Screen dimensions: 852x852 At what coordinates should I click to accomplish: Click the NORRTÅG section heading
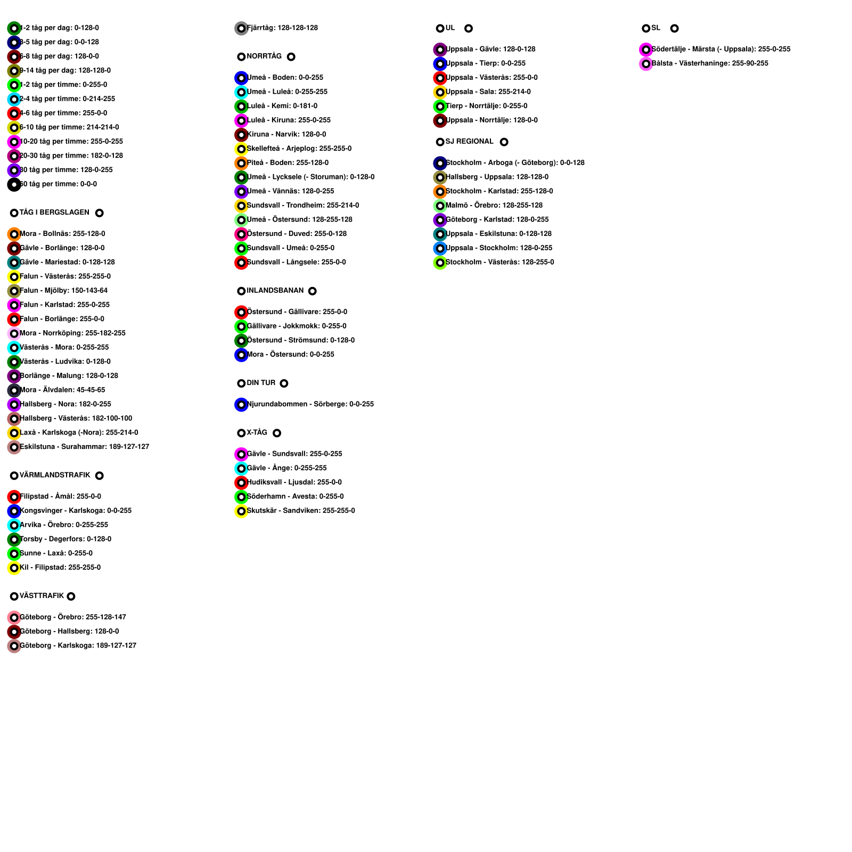(x=264, y=56)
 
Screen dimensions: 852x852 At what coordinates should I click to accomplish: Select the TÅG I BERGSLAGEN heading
(x=54, y=212)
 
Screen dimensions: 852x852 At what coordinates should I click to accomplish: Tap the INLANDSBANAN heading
(x=275, y=291)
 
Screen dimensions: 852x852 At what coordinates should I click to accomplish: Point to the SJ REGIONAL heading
(x=469, y=142)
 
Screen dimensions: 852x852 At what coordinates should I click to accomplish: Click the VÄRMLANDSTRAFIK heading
(x=55, y=475)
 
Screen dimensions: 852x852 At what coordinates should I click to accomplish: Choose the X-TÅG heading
(x=257, y=432)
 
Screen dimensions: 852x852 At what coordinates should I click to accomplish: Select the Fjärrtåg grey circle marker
(x=241, y=28)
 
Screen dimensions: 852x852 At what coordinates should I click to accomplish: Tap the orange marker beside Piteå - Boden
(x=241, y=163)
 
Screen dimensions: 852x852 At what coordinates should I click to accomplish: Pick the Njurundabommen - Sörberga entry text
(x=310, y=404)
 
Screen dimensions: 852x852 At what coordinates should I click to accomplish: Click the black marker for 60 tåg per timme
(x=14, y=184)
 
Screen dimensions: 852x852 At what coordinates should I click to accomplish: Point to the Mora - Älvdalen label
(x=62, y=390)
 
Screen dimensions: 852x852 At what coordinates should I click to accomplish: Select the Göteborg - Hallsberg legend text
(x=69, y=631)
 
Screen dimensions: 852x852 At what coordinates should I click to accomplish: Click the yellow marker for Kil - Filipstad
(x=14, y=568)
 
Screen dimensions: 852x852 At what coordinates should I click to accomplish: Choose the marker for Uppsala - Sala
(x=440, y=92)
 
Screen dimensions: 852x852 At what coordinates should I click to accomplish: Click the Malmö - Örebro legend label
(x=494, y=206)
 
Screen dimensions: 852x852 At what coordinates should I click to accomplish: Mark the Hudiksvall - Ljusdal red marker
(x=241, y=482)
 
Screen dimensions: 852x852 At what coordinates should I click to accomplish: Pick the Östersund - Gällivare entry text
(x=297, y=312)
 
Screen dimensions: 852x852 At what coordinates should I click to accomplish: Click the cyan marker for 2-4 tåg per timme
(x=14, y=99)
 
